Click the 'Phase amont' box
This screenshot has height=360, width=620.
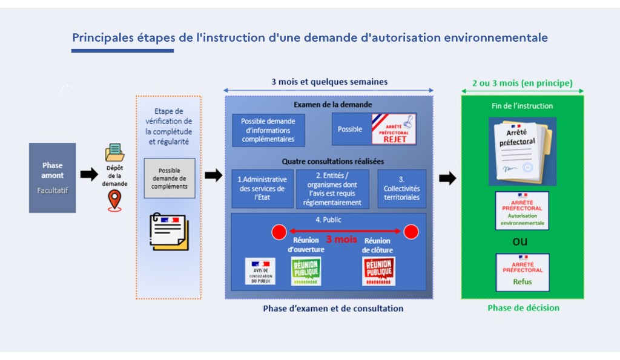[52, 177]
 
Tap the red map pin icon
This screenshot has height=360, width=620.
[114, 200]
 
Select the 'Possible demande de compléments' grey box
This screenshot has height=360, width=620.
[169, 178]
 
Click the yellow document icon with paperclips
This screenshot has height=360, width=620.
[169, 231]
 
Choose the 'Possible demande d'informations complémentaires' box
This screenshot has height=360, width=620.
[268, 130]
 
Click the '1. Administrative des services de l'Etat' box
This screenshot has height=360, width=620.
[262, 188]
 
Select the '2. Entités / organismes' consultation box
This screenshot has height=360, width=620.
[332, 188]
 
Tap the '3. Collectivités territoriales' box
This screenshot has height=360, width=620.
[401, 188]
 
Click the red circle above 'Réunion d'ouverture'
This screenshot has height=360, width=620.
[279, 232]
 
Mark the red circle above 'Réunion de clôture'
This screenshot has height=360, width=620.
[411, 232]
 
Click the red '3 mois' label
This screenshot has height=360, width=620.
[341, 240]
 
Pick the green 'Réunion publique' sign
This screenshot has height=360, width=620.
[306, 270]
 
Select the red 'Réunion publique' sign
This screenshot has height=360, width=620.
[378, 270]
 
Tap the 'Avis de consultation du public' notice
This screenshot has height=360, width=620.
[260, 271]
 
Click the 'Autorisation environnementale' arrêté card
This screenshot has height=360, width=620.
[522, 211]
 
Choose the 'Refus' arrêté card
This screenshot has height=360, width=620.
[522, 272]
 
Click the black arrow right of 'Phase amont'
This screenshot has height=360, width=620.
[89, 175]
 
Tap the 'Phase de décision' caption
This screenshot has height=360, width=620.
[523, 308]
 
